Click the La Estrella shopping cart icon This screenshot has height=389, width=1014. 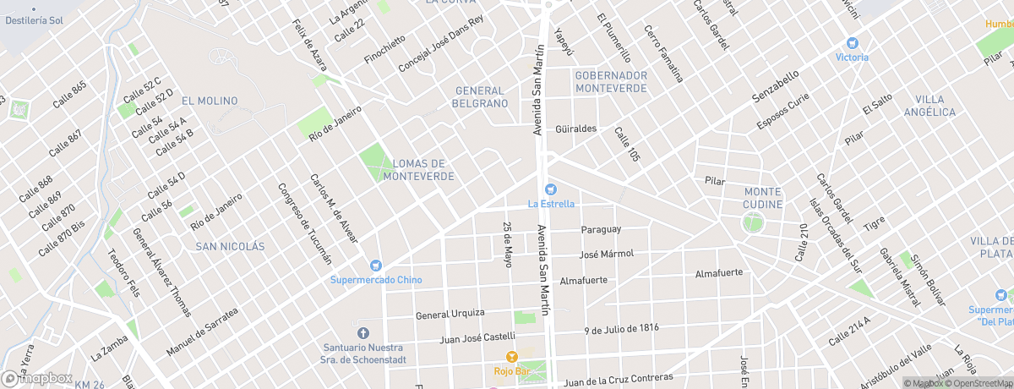point(551,189)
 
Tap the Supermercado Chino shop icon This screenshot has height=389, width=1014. point(376,266)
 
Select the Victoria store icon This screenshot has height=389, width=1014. point(852,43)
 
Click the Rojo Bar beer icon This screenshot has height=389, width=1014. point(510,357)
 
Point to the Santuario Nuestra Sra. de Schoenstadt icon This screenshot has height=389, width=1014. point(363,332)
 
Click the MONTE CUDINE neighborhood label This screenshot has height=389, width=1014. point(763,198)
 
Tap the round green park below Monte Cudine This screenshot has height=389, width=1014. point(752,224)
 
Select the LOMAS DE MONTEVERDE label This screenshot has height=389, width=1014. point(419,170)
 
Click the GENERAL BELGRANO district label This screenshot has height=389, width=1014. point(481,97)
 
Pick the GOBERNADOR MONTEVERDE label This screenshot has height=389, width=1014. point(611,81)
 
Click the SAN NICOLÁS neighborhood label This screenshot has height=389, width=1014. point(230,246)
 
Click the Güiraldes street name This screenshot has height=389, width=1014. point(576,129)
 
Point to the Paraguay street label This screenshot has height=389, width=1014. point(601,229)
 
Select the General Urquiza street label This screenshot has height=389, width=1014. point(449,315)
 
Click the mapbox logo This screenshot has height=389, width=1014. point(37,378)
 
